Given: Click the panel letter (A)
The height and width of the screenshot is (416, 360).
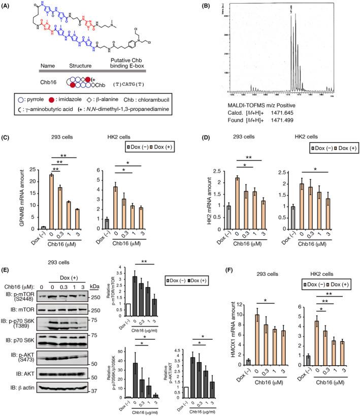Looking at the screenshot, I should pyautogui.click(x=8, y=5).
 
